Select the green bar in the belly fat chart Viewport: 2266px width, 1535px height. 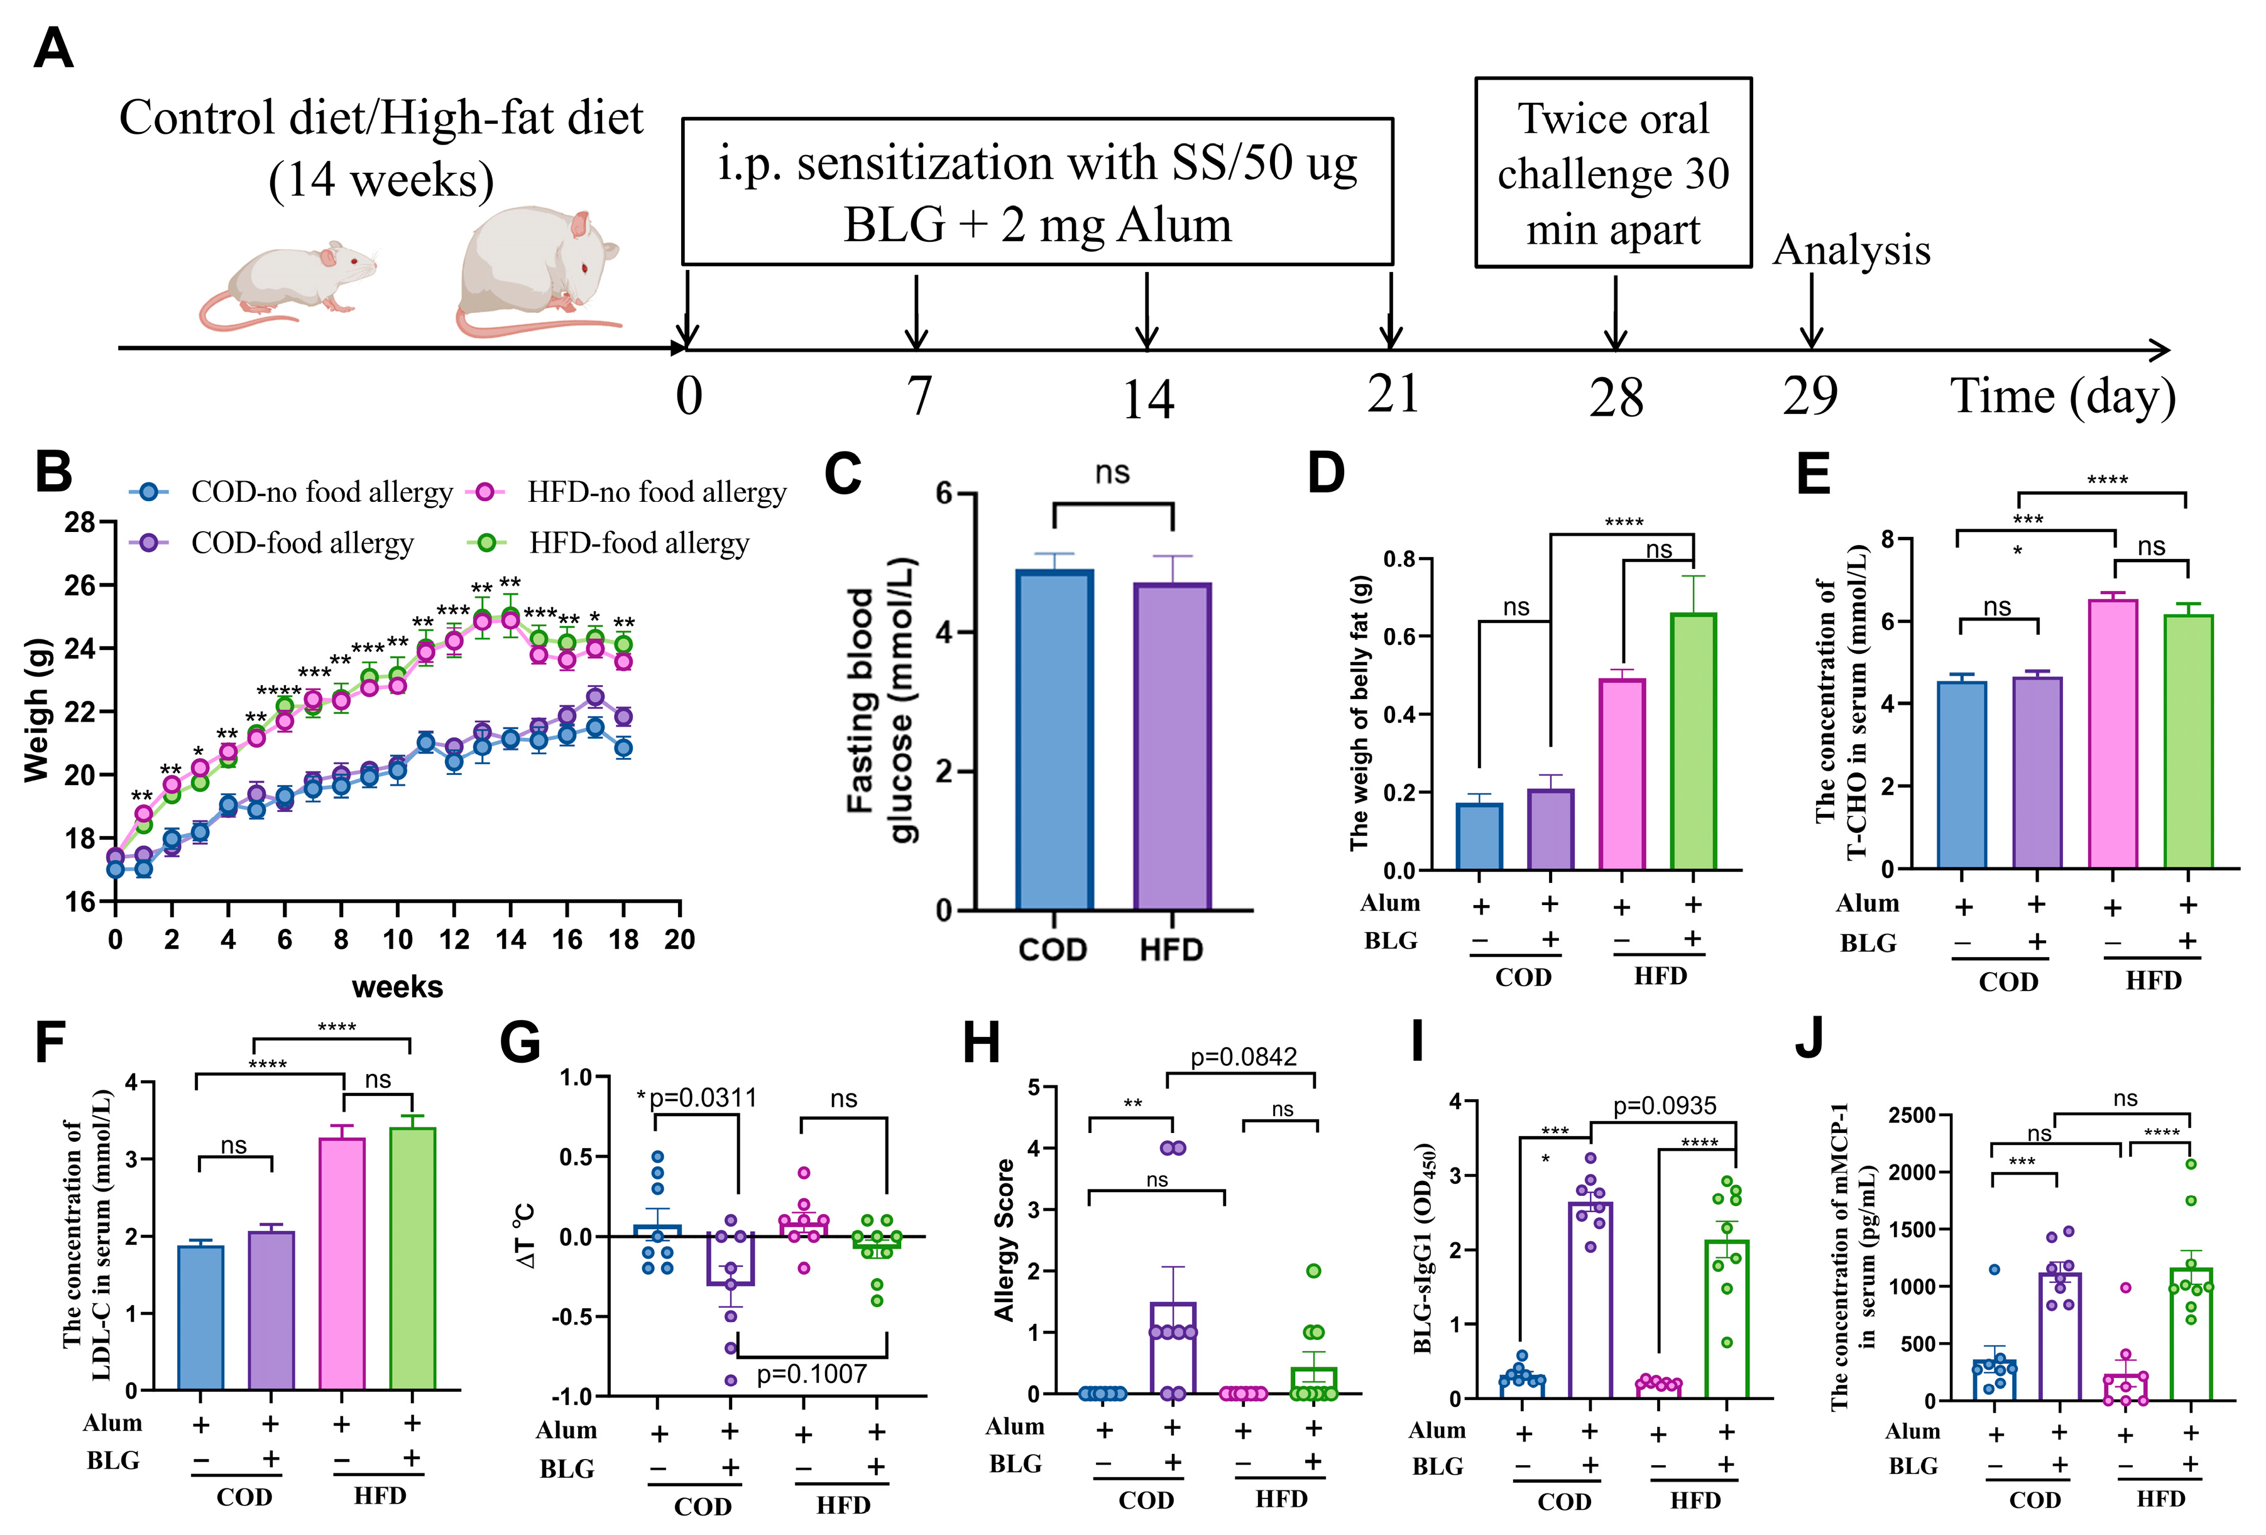(x=1694, y=740)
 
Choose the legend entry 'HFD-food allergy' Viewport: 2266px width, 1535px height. (x=638, y=543)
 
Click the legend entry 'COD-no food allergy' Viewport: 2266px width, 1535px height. (x=322, y=492)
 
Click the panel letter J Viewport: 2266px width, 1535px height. (x=1810, y=1040)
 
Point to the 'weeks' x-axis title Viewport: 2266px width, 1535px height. (x=397, y=987)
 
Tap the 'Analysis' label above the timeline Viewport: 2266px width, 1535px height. (x=1851, y=251)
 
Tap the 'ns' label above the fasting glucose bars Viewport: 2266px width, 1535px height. (x=1112, y=473)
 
